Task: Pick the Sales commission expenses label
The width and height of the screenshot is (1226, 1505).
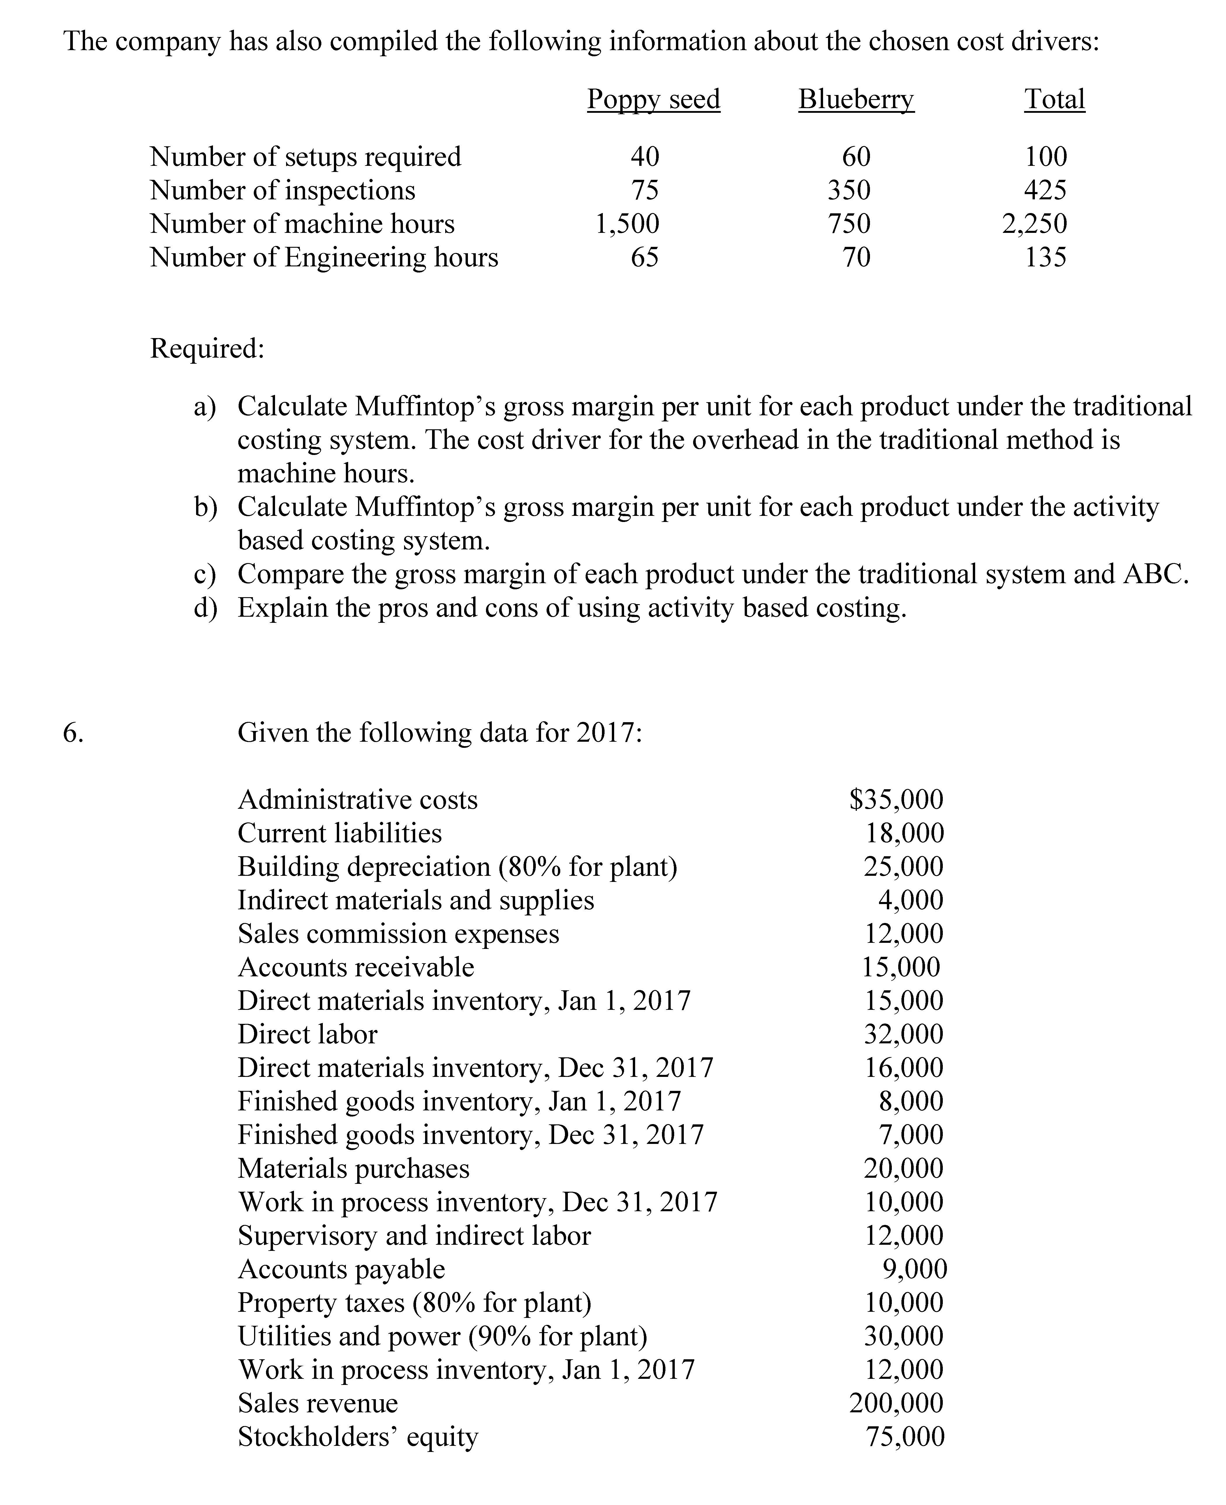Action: point(398,934)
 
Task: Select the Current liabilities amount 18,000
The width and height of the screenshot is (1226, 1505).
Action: point(905,833)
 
